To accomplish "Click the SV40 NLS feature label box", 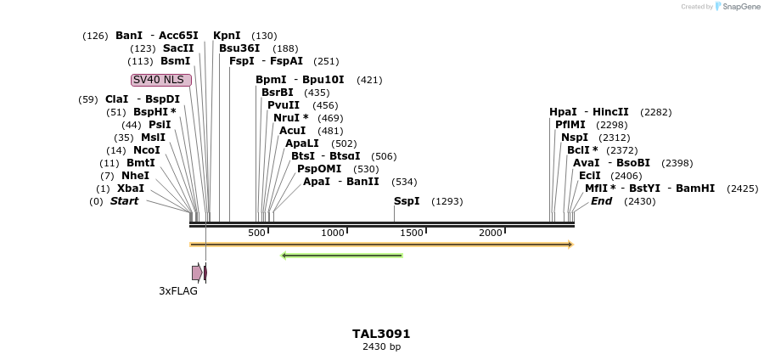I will (x=161, y=80).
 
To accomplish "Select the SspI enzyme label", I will (x=407, y=201).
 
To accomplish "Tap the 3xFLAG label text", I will (x=178, y=290).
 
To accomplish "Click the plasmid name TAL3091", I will (x=381, y=334).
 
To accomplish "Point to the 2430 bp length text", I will (x=381, y=346).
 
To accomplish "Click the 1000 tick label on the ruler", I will (x=333, y=233).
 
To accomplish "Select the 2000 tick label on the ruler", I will (x=490, y=233).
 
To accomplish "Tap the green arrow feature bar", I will (x=341, y=255).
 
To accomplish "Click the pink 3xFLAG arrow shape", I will (x=197, y=273).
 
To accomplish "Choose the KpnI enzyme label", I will (x=227, y=36).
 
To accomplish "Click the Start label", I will (x=124, y=201).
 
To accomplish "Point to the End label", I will (x=601, y=201).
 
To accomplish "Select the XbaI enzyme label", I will (x=131, y=188).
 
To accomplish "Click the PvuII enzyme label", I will (x=284, y=105).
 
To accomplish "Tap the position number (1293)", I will (x=447, y=201).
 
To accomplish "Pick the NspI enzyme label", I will (x=574, y=138).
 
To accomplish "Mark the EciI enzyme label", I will (x=589, y=176).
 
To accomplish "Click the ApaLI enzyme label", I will (x=302, y=143).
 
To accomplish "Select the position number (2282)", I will (x=655, y=112).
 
